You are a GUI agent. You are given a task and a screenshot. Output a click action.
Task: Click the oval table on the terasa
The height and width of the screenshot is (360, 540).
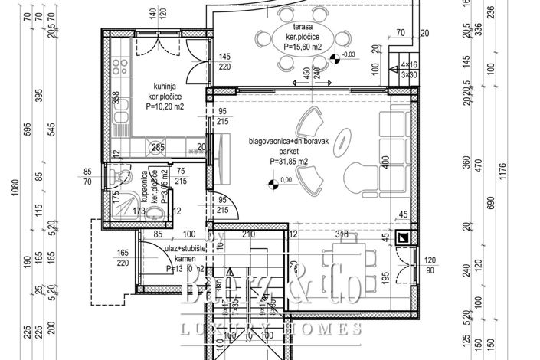click(295, 37)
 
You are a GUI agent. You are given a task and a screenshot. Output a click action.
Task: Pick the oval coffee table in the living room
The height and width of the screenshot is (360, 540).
click(345, 140)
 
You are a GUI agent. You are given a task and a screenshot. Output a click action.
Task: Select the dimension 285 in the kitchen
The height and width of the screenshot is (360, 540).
click(157, 148)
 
